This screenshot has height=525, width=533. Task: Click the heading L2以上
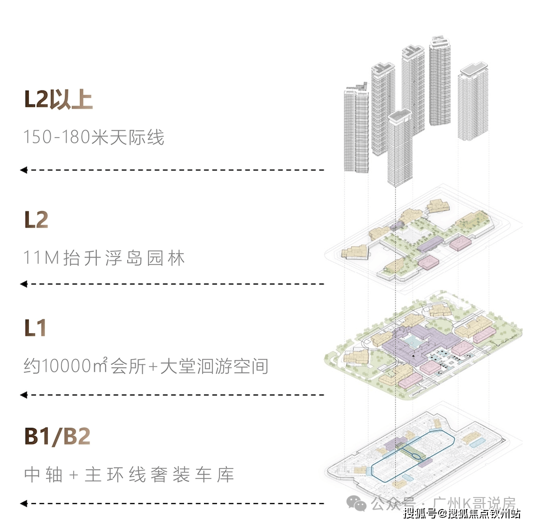(x=58, y=100)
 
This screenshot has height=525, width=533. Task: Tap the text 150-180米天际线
(x=93, y=137)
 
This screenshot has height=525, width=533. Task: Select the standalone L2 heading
(x=36, y=220)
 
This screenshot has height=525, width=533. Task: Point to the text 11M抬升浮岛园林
(x=104, y=258)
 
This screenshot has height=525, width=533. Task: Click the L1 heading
(x=35, y=328)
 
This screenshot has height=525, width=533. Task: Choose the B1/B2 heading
(x=57, y=436)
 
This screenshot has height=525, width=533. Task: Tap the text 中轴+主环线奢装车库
(x=129, y=474)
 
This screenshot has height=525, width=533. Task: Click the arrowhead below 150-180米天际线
(x=23, y=170)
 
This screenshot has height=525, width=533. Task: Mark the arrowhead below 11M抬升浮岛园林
(x=23, y=284)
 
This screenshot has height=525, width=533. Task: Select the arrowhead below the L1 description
(x=23, y=395)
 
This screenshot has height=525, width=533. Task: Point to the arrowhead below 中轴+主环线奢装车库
(x=23, y=503)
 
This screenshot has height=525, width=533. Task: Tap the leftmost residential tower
(x=356, y=130)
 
